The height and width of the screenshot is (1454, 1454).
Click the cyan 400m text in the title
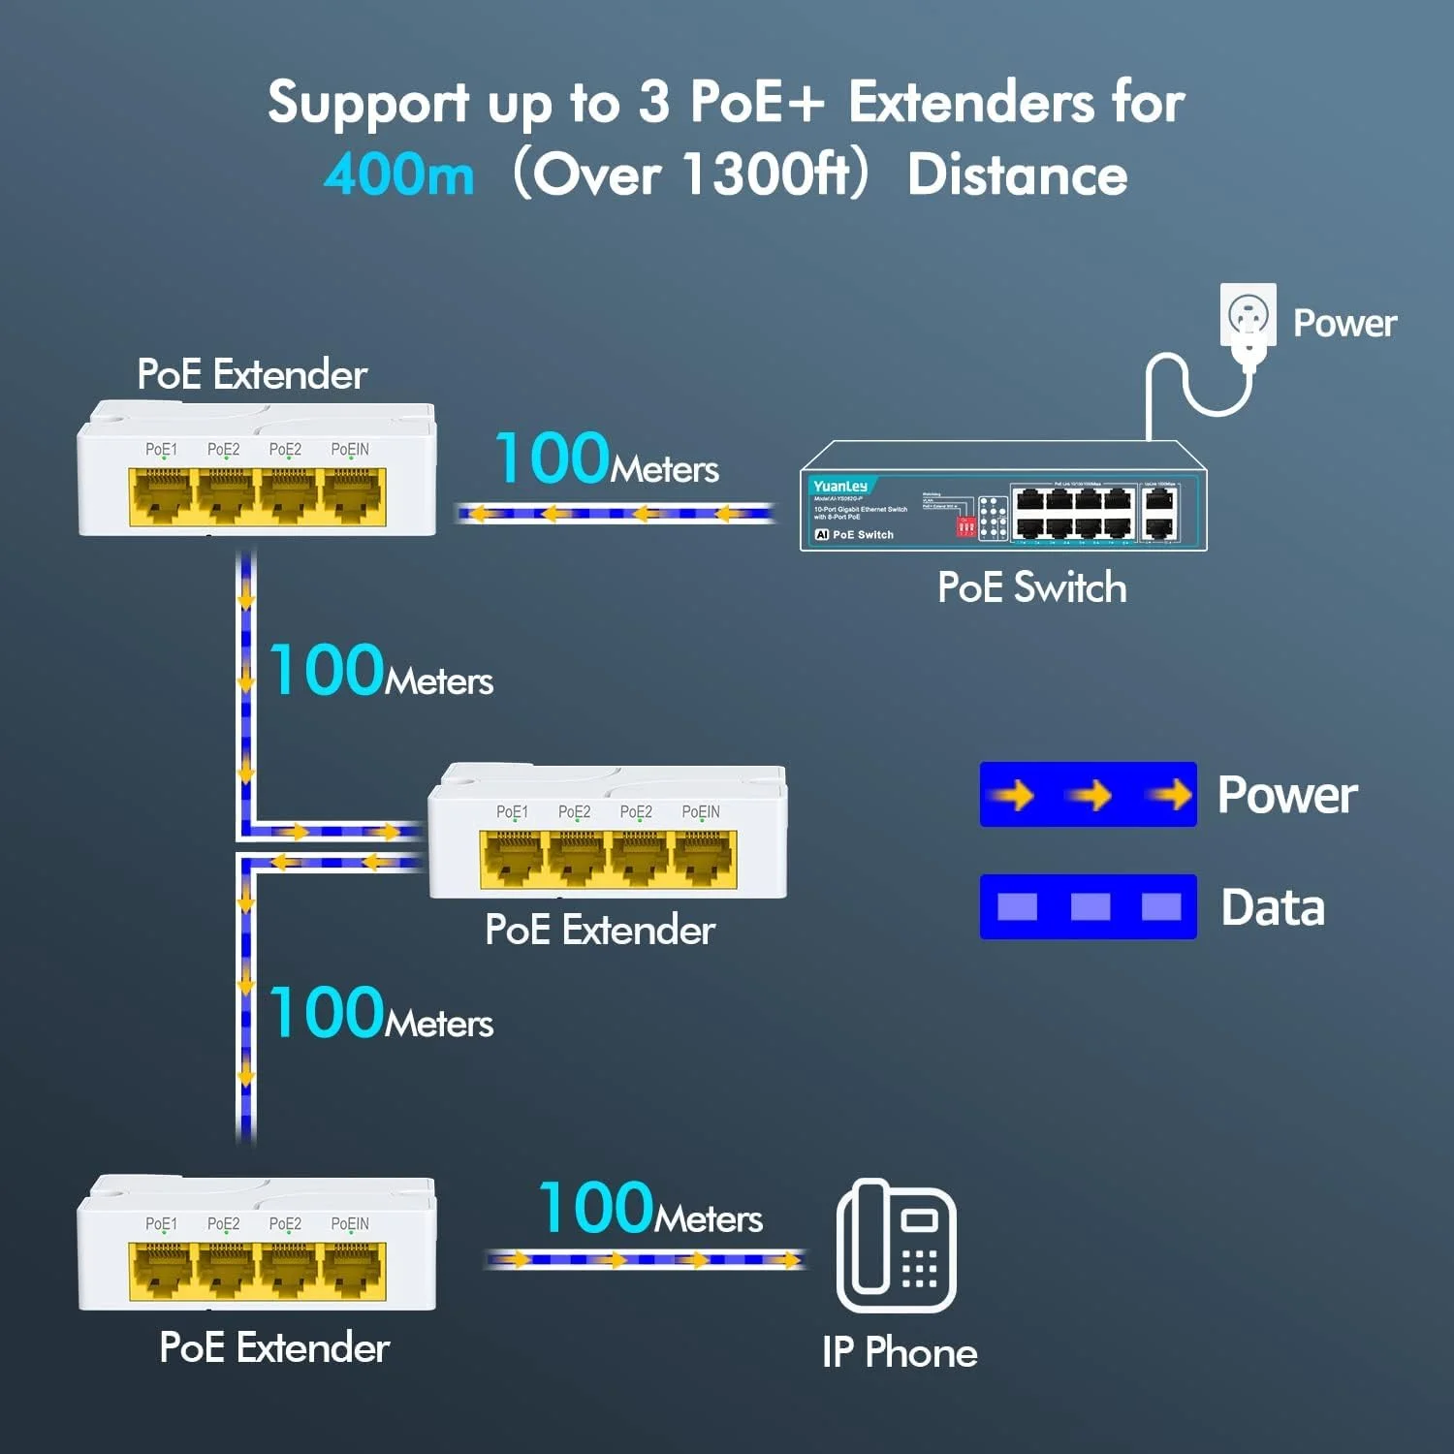coord(399,175)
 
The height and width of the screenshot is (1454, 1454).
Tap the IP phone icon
coord(896,1246)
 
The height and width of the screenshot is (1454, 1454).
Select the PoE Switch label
coord(1031,587)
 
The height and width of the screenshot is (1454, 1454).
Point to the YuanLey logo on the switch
coord(840,486)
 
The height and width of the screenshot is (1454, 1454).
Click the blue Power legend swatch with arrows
coord(1088,795)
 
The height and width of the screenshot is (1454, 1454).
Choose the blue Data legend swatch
coord(1088,907)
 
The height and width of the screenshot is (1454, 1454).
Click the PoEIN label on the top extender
coord(350,450)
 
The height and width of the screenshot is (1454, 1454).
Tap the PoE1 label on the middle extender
coord(512,812)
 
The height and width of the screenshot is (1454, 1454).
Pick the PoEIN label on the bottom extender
coord(350,1224)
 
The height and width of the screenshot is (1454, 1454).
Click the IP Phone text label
coord(900,1352)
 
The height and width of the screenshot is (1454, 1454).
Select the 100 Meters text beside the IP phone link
coord(650,1210)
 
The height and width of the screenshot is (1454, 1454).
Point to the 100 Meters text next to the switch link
coord(607,459)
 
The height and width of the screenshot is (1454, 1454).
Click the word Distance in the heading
coord(1017,175)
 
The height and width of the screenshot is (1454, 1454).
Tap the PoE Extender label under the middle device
coord(600,931)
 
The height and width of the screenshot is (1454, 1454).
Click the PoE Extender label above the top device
coord(252,374)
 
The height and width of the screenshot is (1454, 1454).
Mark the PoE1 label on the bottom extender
coord(161,1224)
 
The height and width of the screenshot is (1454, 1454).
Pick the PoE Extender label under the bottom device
coord(274,1348)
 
